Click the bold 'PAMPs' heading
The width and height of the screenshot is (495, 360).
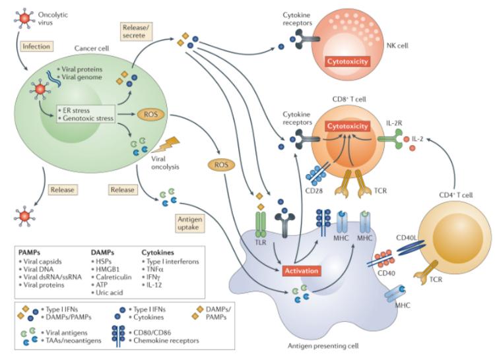31,252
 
